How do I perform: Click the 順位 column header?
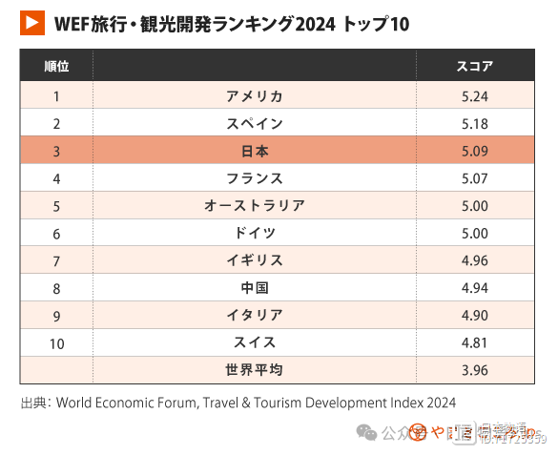(x=56, y=66)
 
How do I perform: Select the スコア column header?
(x=475, y=66)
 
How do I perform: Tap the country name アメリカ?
(x=255, y=95)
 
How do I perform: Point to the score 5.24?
(x=474, y=95)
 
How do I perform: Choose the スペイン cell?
(x=255, y=123)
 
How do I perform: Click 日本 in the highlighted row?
(x=255, y=151)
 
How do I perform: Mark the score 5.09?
(x=474, y=151)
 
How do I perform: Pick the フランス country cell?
(x=255, y=178)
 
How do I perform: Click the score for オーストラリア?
(x=474, y=206)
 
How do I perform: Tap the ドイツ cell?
(x=255, y=233)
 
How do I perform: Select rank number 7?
(x=56, y=260)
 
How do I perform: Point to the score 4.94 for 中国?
(x=474, y=288)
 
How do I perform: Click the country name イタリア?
(x=255, y=316)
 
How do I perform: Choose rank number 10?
(x=56, y=343)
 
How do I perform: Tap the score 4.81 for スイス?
(x=474, y=343)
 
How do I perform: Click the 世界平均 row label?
(x=255, y=370)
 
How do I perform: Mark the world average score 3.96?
(x=474, y=370)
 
